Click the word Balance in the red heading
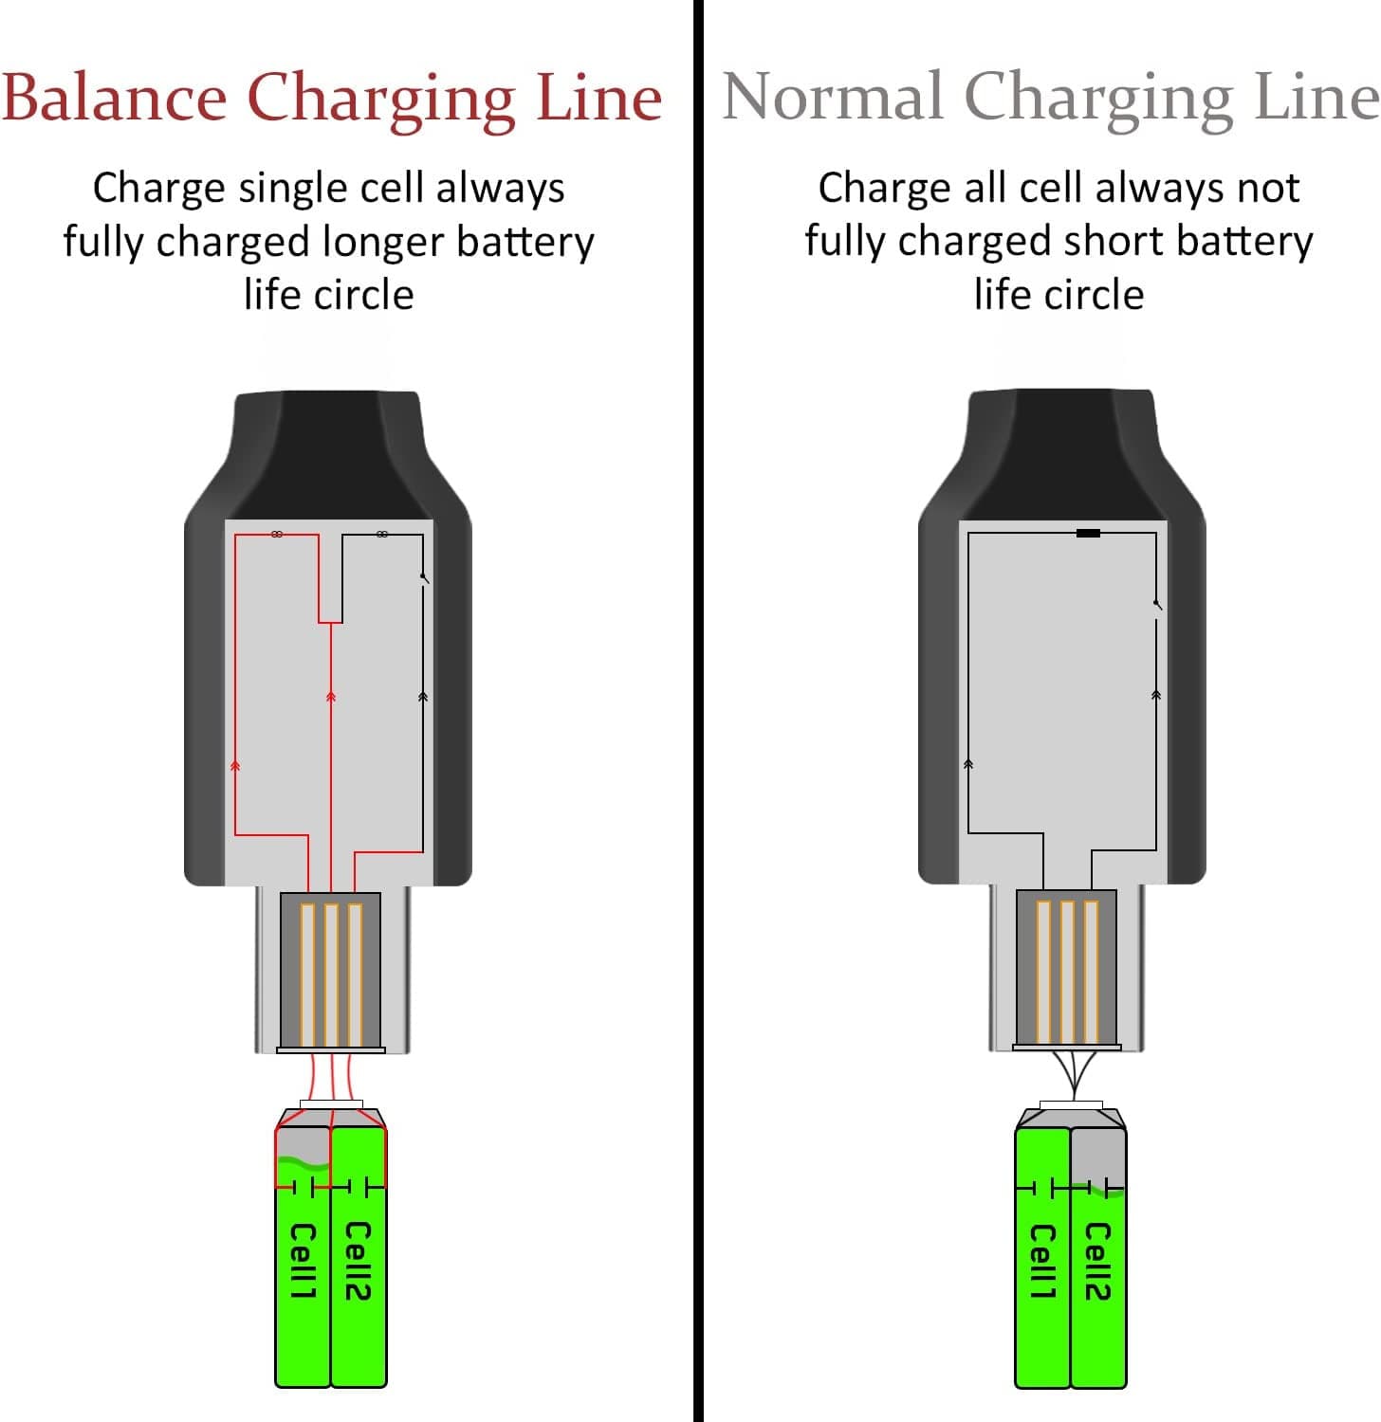[114, 97]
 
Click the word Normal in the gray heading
[833, 97]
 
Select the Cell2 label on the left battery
[358, 1261]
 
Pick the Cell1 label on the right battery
[1042, 1261]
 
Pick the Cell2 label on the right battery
[1097, 1261]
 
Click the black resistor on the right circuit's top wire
[1088, 534]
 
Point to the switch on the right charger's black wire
[1157, 605]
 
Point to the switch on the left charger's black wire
[424, 578]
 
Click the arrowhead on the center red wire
[331, 698]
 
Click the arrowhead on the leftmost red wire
[235, 765]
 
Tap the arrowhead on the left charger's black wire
[423, 698]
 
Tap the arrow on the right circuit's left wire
[968, 764]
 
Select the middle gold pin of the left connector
[331, 974]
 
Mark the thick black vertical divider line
[698, 711]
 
